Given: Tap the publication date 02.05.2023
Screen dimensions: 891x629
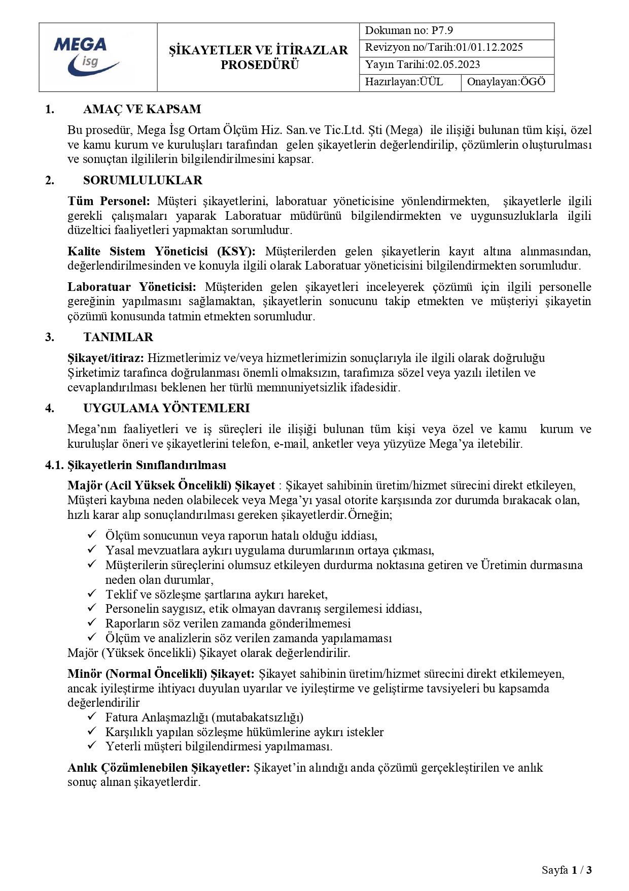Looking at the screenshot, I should point(454,64).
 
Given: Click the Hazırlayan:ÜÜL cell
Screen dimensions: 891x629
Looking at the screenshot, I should point(404,82).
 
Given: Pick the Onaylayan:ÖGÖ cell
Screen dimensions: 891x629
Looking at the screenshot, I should point(506,82).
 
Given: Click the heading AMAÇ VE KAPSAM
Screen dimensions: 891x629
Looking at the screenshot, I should point(142,109).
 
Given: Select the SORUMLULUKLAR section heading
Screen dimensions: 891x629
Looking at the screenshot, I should point(143,180).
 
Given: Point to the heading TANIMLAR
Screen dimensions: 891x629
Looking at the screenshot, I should point(118,337).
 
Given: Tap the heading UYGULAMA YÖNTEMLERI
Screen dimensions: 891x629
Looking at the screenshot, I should point(166,408).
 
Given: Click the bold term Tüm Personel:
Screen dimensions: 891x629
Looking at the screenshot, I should point(109,201).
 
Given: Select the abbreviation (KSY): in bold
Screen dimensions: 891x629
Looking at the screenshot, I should point(236,251).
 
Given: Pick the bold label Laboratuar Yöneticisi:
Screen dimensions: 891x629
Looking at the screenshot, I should point(132,287).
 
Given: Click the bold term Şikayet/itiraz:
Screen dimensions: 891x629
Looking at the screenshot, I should point(106,358).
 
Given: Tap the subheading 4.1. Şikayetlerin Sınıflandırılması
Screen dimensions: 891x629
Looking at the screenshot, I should point(136,465).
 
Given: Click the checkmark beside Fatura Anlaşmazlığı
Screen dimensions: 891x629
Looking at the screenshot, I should point(92,716).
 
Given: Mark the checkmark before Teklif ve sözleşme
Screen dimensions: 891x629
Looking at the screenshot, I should point(92,593).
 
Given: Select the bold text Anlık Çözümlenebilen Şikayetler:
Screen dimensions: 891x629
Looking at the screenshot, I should point(159,767).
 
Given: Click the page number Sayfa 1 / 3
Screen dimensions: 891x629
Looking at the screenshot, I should point(567,870).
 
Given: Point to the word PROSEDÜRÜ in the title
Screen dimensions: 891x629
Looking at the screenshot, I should point(260,65).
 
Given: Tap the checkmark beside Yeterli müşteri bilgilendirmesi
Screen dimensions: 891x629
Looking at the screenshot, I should point(92,745).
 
